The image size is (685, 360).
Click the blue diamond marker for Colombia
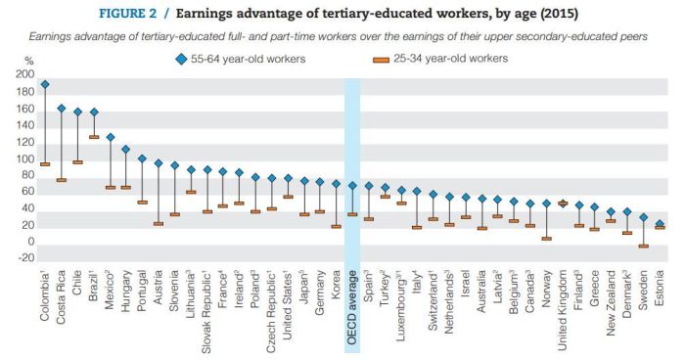[x=45, y=85]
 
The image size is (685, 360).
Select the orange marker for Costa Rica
[x=62, y=180]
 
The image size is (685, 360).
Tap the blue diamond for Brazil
[x=94, y=112]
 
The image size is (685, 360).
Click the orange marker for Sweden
[x=643, y=246]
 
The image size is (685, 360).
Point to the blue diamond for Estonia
[x=659, y=224]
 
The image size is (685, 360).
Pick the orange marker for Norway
[x=546, y=238]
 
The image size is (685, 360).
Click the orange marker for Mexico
[x=110, y=187]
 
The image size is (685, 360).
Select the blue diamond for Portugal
[x=142, y=158]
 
